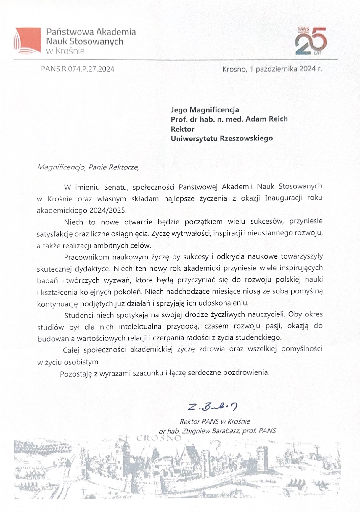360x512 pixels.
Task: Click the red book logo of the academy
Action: click(27, 40)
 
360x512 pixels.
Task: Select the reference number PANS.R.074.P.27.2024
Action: click(78, 69)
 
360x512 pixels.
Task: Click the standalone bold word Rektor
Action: click(182, 129)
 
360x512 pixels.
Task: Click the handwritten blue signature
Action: click(213, 407)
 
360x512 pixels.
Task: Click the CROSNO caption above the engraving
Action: click(159, 438)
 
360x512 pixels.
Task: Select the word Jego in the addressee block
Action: click(179, 110)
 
